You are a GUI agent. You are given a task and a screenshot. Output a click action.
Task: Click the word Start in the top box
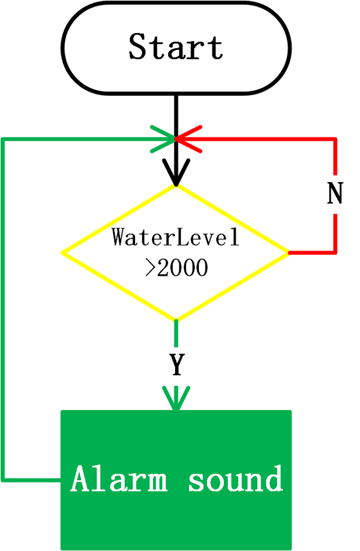pyautogui.click(x=176, y=46)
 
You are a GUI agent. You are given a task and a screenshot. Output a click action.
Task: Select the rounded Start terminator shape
pyautogui.click(x=176, y=48)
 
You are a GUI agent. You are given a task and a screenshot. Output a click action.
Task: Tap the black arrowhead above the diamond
pyautogui.click(x=176, y=172)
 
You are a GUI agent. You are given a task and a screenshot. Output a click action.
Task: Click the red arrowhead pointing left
pyautogui.click(x=189, y=139)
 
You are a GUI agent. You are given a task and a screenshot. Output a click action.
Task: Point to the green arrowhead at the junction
pyautogui.click(x=163, y=139)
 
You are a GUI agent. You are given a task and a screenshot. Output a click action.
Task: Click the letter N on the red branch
pyautogui.click(x=335, y=193)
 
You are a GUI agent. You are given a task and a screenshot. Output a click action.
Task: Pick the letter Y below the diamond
pyautogui.click(x=177, y=365)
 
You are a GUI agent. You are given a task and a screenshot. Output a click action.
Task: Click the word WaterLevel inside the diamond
pyautogui.click(x=176, y=237)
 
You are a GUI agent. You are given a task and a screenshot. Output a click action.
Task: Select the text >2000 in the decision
pyautogui.click(x=176, y=268)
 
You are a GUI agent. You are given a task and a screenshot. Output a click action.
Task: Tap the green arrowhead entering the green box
pyautogui.click(x=176, y=398)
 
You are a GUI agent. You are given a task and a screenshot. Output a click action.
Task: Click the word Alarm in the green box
pyautogui.click(x=119, y=479)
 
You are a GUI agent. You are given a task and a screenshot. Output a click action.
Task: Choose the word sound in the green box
pyautogui.click(x=235, y=479)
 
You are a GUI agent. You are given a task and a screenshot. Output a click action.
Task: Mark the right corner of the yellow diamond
pyautogui.click(x=289, y=253)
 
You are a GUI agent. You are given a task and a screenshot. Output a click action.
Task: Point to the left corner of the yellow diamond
pyautogui.click(x=63, y=253)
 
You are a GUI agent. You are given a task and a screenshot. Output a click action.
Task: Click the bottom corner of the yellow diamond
pyautogui.click(x=176, y=320)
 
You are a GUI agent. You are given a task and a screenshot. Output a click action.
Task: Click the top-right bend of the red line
pyautogui.click(x=335, y=139)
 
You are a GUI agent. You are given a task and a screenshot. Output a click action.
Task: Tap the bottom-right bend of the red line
pyautogui.click(x=335, y=253)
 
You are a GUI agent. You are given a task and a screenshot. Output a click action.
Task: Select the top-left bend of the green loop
pyautogui.click(x=3, y=140)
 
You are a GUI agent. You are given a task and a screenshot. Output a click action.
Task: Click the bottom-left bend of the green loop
pyautogui.click(x=3, y=479)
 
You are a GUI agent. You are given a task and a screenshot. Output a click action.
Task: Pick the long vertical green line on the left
pyautogui.click(x=3, y=309)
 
